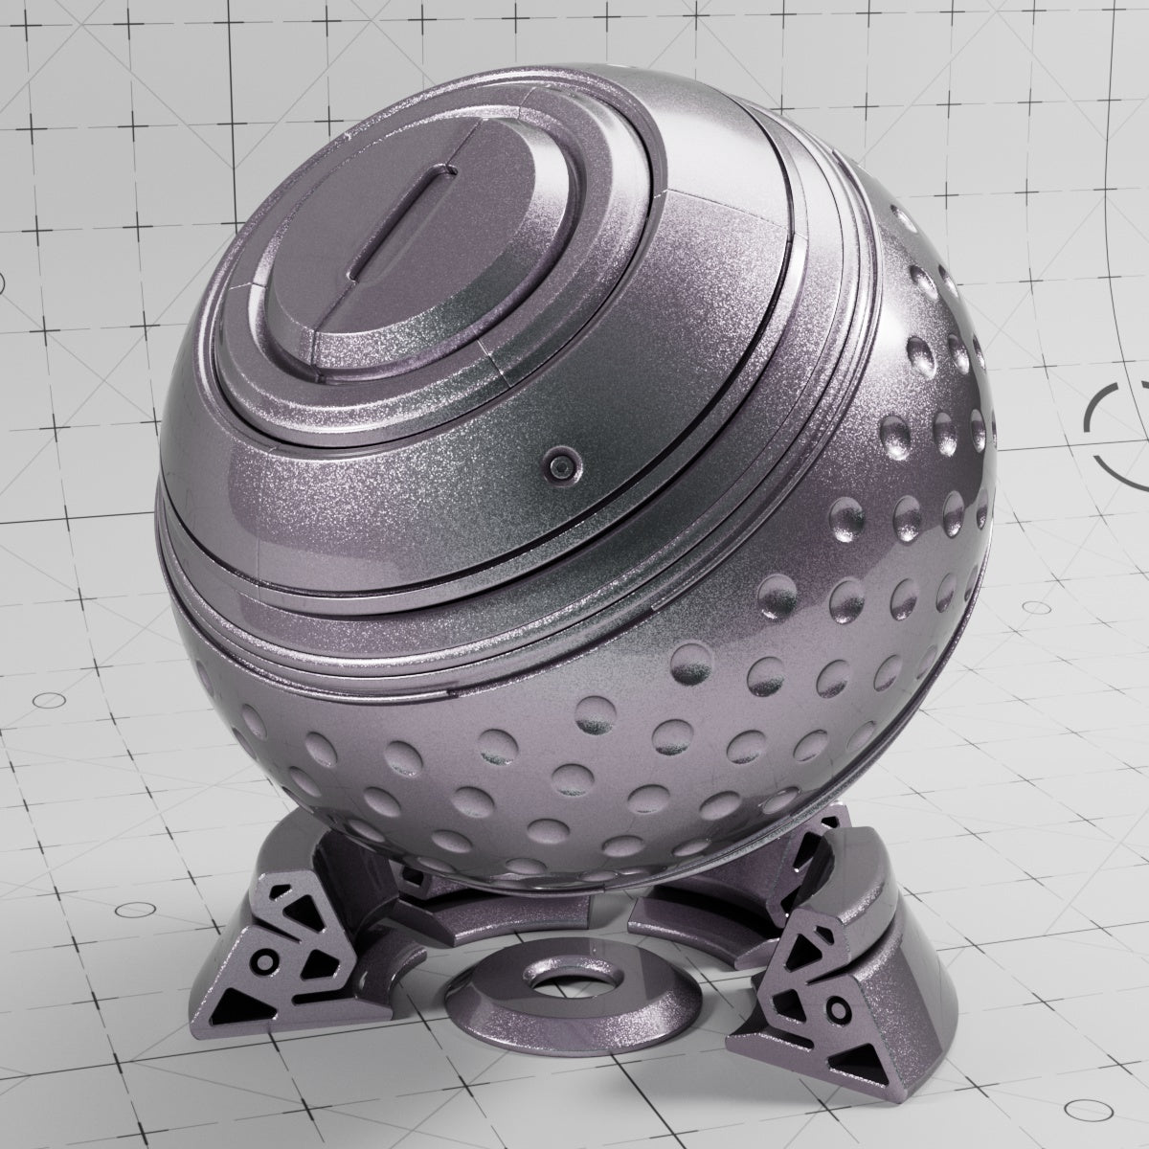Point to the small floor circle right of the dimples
[x=1038, y=607]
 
